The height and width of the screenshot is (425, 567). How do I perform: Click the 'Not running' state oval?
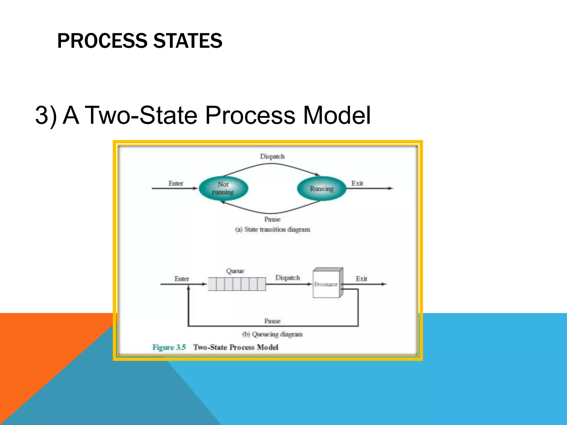pos(223,188)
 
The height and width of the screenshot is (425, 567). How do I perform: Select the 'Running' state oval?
pos(322,188)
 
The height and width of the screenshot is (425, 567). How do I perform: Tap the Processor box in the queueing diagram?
pos(326,284)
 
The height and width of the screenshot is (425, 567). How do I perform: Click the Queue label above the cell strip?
pos(235,271)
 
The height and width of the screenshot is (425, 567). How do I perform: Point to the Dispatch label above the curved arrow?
pos(272,156)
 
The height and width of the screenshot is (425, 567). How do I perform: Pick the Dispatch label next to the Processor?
pos(287,278)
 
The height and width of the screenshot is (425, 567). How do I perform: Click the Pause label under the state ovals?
pos(272,219)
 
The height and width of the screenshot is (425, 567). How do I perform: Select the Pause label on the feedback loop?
pos(272,321)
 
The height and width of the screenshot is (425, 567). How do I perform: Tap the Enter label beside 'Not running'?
pos(176,183)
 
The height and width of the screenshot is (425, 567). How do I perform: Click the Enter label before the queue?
pos(182,279)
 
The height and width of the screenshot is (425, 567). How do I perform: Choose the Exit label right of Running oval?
pos(357,183)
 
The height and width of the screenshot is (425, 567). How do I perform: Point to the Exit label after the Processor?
pos(361,279)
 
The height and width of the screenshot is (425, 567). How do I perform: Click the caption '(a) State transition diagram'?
pos(272,229)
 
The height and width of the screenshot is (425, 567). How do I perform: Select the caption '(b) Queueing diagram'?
pos(272,334)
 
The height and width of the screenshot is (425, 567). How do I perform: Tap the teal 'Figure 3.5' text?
pos(169,347)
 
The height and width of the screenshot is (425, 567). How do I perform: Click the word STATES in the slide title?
pos(188,41)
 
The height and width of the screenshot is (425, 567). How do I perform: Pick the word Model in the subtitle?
pos(337,115)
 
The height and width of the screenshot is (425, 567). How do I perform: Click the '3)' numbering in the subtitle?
pos(46,115)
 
